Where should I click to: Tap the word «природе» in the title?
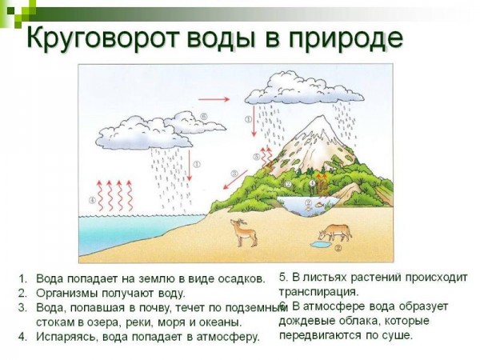click(x=346, y=38)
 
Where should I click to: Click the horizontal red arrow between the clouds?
click(x=214, y=99)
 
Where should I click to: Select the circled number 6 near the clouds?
click(x=204, y=116)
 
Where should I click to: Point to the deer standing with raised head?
click(x=244, y=233)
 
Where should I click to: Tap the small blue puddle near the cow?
click(x=321, y=245)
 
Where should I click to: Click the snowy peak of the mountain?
click(x=318, y=129)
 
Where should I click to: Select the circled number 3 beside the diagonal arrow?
click(x=234, y=174)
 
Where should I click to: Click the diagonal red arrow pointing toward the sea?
click(x=235, y=180)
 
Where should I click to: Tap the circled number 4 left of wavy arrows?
click(x=92, y=201)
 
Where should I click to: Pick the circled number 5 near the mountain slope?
click(x=257, y=157)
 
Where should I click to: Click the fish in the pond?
click(x=321, y=204)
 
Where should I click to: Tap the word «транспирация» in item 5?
click(x=318, y=292)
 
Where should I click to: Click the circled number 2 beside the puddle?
click(x=338, y=248)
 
